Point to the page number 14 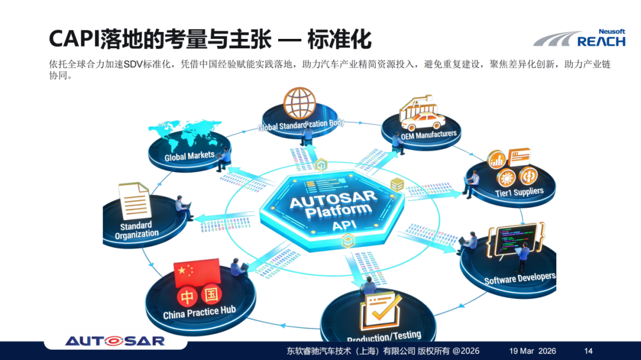588,351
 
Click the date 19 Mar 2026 532,351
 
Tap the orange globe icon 299,103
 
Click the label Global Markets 189,156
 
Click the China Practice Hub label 199,313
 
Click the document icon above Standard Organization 134,200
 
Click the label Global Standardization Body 301,124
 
